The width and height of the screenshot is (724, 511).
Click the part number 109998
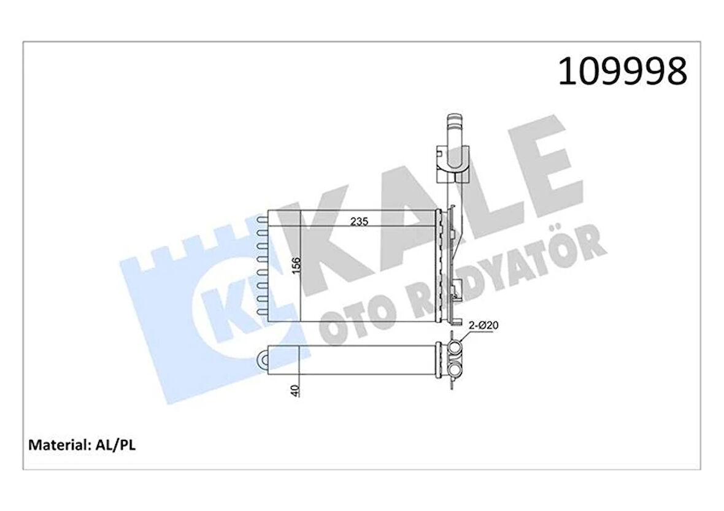622,72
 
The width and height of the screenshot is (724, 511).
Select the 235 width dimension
359,221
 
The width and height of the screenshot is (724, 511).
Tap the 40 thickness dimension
296,390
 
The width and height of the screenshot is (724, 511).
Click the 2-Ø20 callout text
483,326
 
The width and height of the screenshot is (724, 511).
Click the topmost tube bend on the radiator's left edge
261,216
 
